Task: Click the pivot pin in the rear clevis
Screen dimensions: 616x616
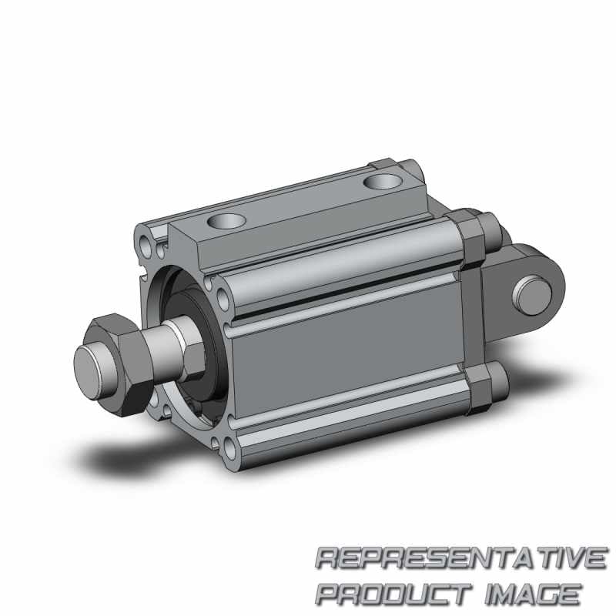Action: [x=534, y=296]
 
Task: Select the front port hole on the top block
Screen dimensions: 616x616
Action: [x=226, y=221]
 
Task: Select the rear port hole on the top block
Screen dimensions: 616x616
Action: [x=382, y=182]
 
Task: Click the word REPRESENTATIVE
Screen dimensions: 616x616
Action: [x=461, y=557]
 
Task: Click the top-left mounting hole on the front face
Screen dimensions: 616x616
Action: [x=146, y=247]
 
